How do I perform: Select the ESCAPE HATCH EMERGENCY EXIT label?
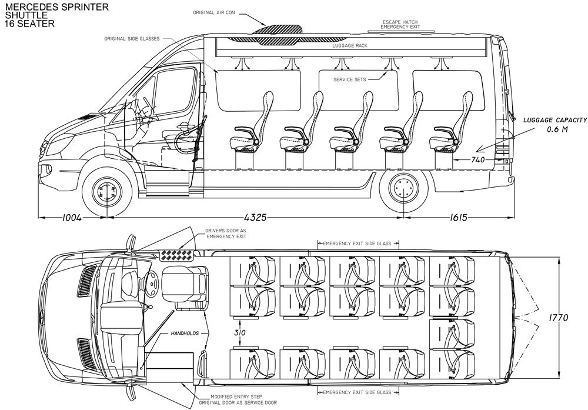401,24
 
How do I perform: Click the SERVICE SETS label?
350,79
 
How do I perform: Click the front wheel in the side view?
108,191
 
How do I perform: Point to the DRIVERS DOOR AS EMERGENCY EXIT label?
226,233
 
